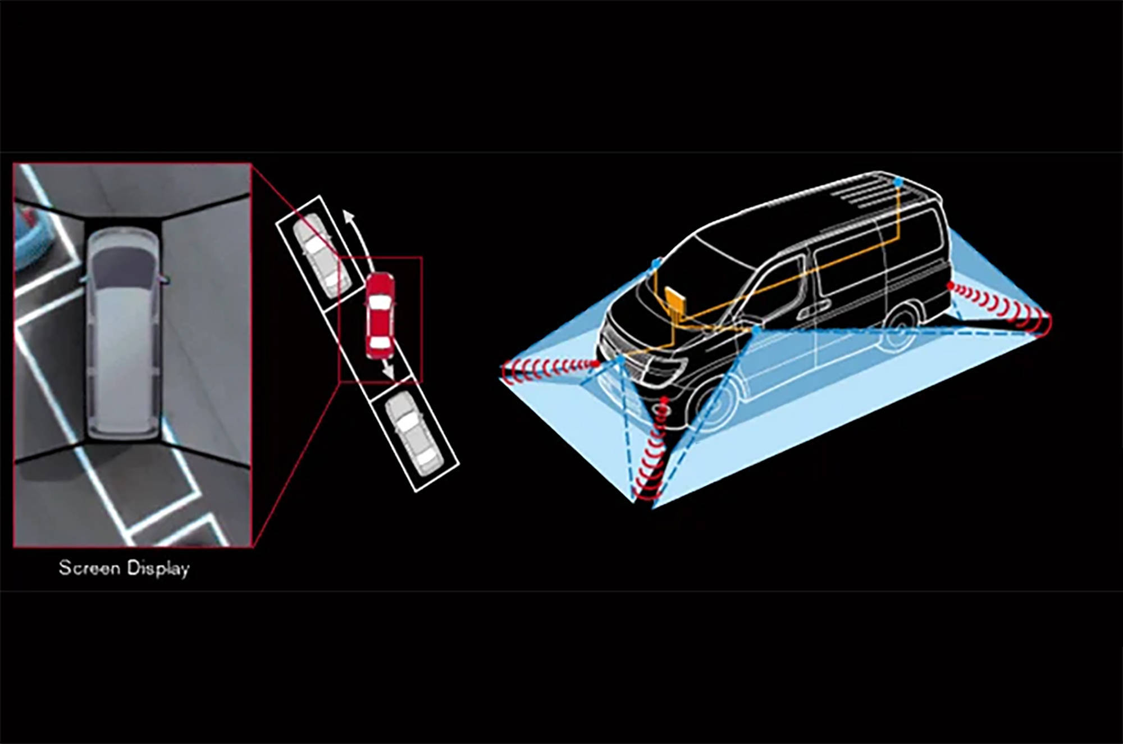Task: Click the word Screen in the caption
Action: coord(89,568)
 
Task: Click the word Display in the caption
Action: coord(158,569)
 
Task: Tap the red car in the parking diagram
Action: coord(380,315)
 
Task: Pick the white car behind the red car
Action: coord(415,433)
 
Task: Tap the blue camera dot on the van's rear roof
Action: coord(898,182)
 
